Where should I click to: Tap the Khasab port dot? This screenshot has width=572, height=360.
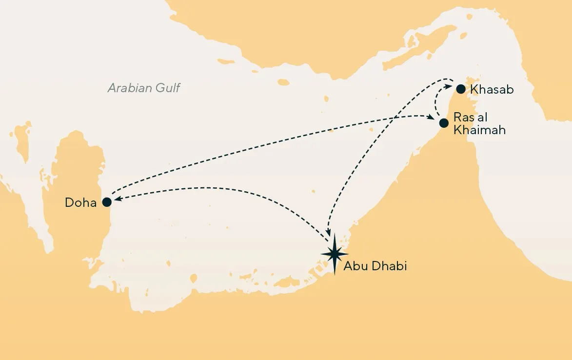[460, 89]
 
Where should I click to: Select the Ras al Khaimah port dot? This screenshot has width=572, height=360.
[443, 123]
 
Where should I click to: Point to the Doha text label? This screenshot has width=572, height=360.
[81, 202]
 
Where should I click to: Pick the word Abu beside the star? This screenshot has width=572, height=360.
[355, 266]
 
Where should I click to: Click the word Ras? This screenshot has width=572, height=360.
[462, 117]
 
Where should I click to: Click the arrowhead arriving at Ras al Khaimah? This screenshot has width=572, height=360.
[432, 117]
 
